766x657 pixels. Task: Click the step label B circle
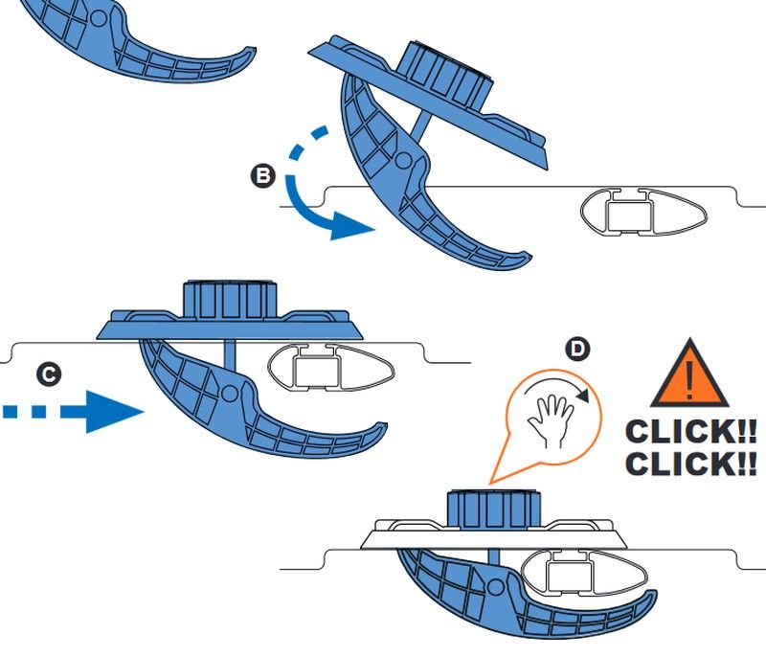point(260,176)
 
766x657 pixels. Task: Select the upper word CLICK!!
point(690,430)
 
